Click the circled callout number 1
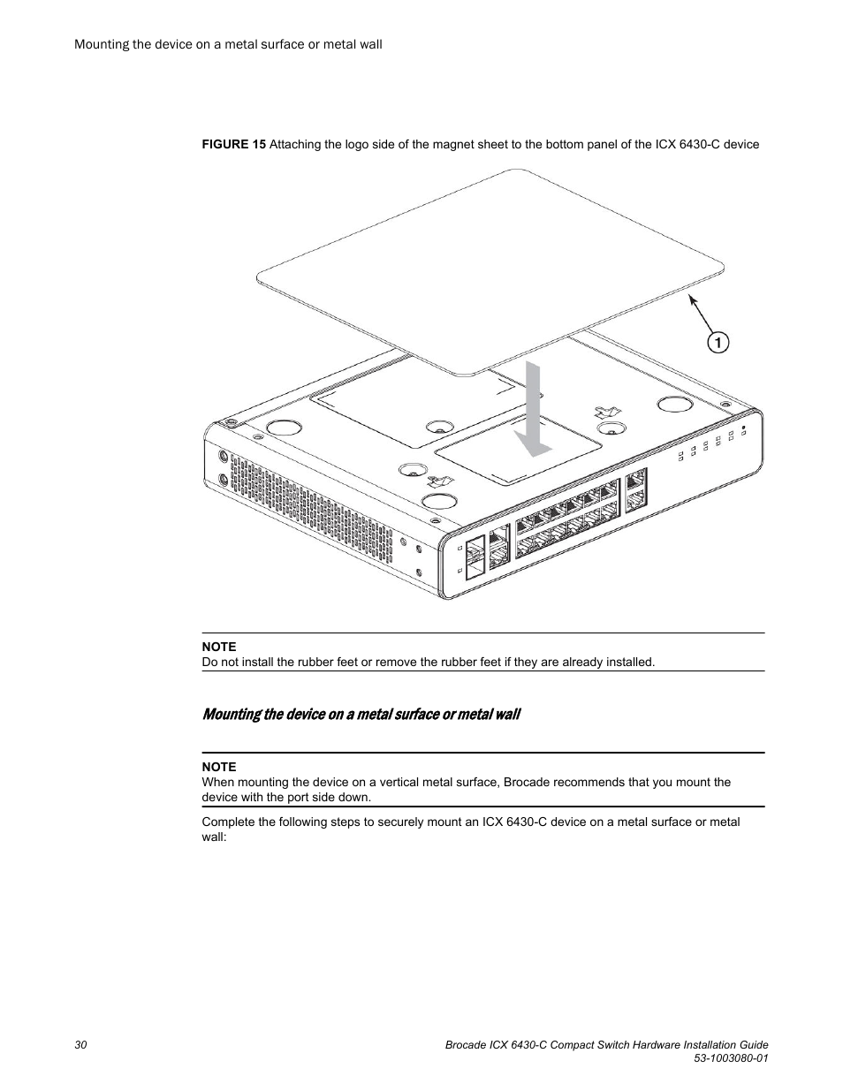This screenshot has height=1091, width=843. coord(717,342)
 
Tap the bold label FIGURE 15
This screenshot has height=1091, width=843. coord(233,144)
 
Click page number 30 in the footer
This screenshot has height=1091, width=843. coord(80,1045)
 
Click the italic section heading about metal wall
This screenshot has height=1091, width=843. coord(361,714)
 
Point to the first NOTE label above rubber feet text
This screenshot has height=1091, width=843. coord(218,647)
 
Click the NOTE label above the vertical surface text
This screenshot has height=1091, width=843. coord(218,767)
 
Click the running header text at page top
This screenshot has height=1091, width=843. coord(228,43)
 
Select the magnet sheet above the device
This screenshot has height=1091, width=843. coord(490,265)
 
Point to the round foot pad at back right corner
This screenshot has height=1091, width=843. coord(674,404)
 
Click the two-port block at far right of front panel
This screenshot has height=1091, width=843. coord(635,489)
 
